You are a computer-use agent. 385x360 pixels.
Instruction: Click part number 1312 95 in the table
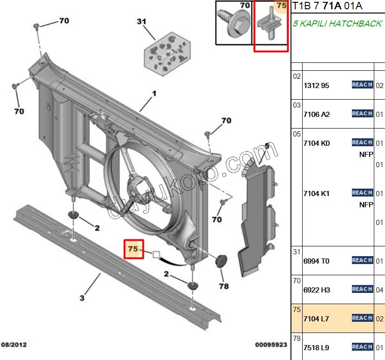(316, 85)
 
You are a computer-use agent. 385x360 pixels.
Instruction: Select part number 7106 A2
(317, 115)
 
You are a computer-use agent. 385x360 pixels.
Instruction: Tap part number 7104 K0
(317, 143)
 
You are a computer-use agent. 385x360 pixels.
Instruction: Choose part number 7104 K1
(316, 194)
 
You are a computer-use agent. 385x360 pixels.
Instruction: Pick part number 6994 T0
(316, 261)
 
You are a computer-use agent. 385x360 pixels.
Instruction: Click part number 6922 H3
(317, 290)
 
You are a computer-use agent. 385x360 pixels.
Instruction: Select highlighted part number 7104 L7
(316, 319)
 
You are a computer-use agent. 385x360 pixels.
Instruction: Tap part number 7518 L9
(316, 348)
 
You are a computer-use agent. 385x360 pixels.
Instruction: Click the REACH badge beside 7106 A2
(362, 114)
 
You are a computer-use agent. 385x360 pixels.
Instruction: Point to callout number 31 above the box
(142, 21)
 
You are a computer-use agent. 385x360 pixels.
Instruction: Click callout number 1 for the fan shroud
(154, 94)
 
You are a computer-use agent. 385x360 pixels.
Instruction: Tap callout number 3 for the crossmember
(82, 298)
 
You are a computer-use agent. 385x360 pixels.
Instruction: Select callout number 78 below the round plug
(224, 286)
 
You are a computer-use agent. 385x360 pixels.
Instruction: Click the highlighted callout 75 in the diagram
(133, 249)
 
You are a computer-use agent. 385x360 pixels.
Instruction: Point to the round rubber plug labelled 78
(221, 261)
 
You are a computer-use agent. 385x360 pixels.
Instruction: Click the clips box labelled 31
(167, 54)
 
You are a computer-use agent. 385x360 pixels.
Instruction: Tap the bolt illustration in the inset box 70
(234, 24)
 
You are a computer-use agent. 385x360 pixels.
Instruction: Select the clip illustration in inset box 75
(270, 23)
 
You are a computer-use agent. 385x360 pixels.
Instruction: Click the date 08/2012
(14, 345)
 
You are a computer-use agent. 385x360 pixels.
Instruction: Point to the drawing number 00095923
(271, 345)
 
